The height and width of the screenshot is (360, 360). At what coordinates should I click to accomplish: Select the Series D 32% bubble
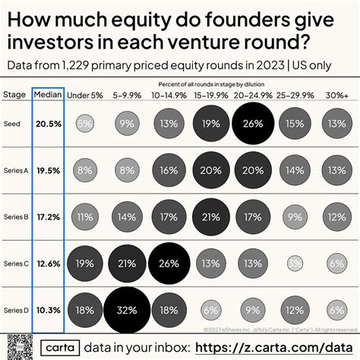(127, 311)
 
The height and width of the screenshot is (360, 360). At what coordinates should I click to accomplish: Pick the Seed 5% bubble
(85, 123)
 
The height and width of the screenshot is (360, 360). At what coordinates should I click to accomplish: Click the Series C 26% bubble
(170, 264)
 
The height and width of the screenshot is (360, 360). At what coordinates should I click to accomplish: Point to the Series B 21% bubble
(213, 216)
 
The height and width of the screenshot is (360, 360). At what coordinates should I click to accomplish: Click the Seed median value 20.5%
(48, 123)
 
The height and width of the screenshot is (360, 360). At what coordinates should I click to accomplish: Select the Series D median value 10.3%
(48, 311)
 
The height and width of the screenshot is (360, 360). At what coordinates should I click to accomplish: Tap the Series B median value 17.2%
(48, 216)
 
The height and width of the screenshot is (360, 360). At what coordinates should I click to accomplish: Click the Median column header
(48, 95)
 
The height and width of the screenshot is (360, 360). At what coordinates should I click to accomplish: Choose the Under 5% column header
(85, 95)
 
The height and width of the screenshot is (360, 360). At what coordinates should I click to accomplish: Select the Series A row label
(16, 170)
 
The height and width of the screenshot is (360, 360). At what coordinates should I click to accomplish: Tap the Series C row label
(16, 264)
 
